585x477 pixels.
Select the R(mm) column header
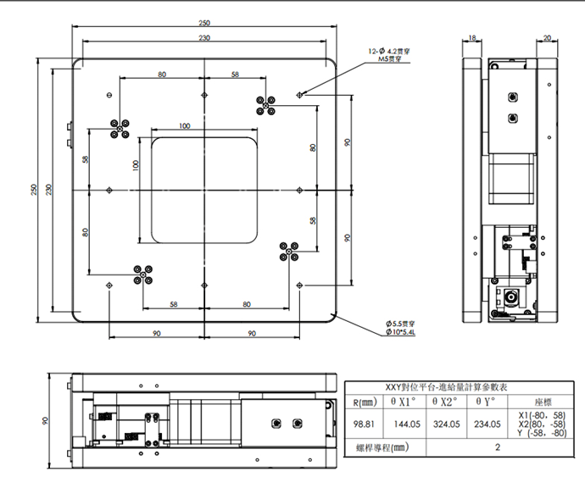click(x=365, y=402)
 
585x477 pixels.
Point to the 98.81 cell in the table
click(x=365, y=423)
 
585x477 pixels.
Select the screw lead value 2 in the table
click(x=497, y=447)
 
